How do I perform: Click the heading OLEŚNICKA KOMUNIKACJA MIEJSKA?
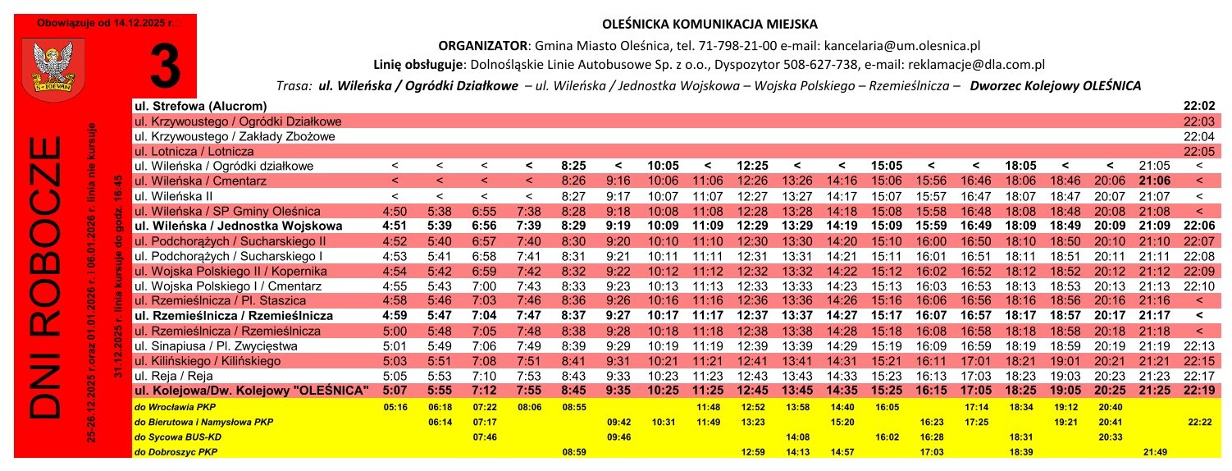point(710,25)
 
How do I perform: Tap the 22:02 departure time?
point(1198,106)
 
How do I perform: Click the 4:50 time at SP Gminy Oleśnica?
point(395,211)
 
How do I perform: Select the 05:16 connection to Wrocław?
point(395,405)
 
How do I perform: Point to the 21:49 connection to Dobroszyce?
point(1154,452)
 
